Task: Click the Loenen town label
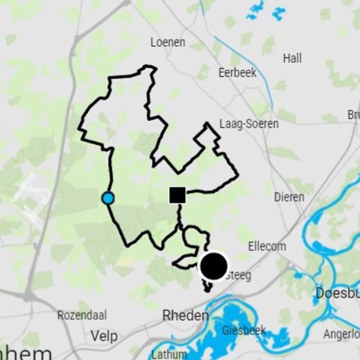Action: [x=168, y=43]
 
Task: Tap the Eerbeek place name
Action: [x=237, y=72]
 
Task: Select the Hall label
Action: [x=292, y=58]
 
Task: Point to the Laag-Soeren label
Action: [x=249, y=124]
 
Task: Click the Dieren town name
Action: [x=289, y=197]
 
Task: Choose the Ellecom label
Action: [x=267, y=247]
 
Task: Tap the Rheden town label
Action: [x=185, y=316]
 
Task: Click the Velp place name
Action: [x=104, y=336]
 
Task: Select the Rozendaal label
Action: [x=82, y=315]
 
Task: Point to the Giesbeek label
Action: [x=243, y=331]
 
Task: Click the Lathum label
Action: [x=169, y=354]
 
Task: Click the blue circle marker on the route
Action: [x=108, y=198]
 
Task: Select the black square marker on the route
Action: [x=177, y=195]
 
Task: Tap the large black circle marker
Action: [x=213, y=265]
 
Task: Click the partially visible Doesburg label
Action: [x=337, y=293]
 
